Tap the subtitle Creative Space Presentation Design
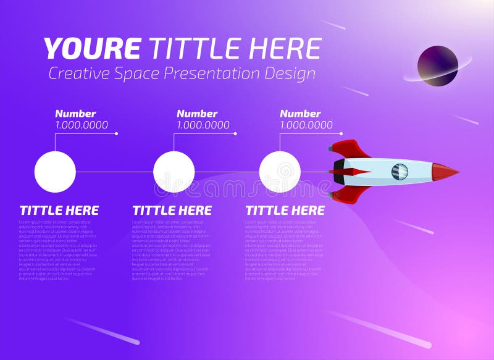click(182, 73)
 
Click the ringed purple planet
click(437, 65)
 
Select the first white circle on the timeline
click(55, 172)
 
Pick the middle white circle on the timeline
click(174, 172)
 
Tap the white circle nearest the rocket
click(280, 172)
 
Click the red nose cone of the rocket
click(445, 172)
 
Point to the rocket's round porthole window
click(400, 172)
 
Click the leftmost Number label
click(75, 114)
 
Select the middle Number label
click(197, 114)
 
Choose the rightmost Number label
click(300, 114)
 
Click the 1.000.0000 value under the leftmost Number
click(82, 125)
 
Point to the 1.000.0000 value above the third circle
click(306, 125)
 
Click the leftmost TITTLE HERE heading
click(59, 211)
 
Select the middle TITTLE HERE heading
click(172, 211)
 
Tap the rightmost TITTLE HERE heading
click(285, 211)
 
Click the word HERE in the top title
click(287, 49)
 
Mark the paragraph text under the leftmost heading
click(58, 250)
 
